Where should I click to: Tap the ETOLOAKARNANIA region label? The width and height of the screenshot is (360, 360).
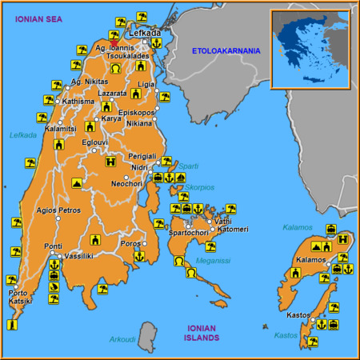[226, 51]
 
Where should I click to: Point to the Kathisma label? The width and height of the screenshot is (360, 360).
[78, 102]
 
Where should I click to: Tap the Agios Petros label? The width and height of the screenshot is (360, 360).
[58, 210]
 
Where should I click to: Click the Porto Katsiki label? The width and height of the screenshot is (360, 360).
[20, 297]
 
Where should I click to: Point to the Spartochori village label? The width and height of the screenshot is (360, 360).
[189, 233]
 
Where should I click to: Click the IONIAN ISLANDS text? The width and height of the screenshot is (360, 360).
[202, 333]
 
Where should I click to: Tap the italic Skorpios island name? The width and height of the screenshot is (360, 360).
[199, 187]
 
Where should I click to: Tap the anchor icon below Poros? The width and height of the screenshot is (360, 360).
[138, 256]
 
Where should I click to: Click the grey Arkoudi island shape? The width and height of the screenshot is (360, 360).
[146, 333]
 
